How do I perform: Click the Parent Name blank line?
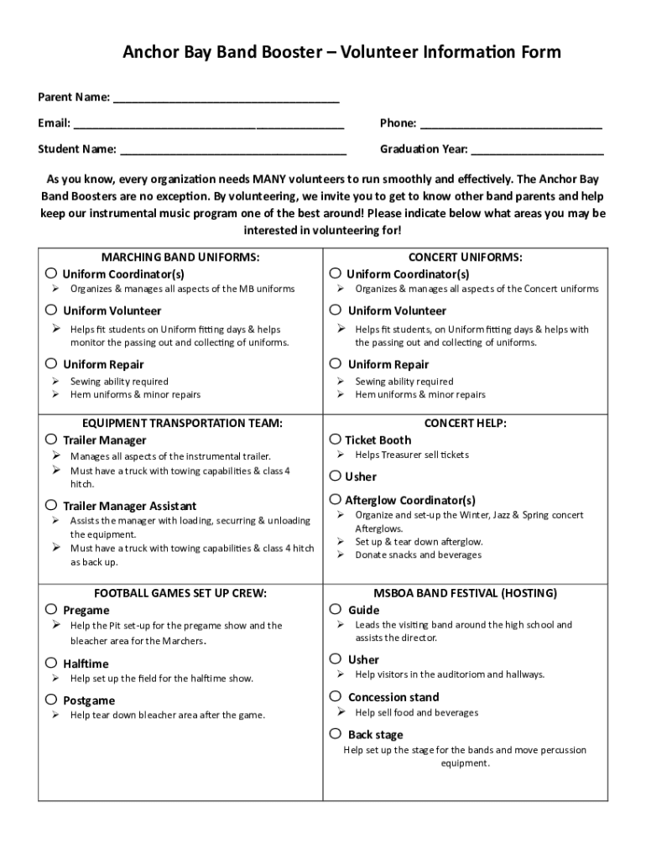[226, 99]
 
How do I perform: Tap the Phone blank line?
[510, 125]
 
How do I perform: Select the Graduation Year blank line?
[537, 151]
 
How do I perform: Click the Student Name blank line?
[232, 151]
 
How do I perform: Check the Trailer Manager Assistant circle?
[52, 505]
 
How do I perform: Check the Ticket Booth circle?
[336, 439]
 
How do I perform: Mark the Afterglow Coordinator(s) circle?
[336, 499]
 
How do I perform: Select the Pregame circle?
[52, 609]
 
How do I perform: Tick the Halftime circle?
[52, 663]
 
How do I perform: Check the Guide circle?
[336, 609]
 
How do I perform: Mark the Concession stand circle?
[336, 696]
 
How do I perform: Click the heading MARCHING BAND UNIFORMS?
[180, 257]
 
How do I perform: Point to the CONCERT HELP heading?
[465, 424]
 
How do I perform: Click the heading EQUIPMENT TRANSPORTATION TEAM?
[180, 424]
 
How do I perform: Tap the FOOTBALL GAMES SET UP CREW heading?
[180, 593]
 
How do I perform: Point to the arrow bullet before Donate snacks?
[341, 554]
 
